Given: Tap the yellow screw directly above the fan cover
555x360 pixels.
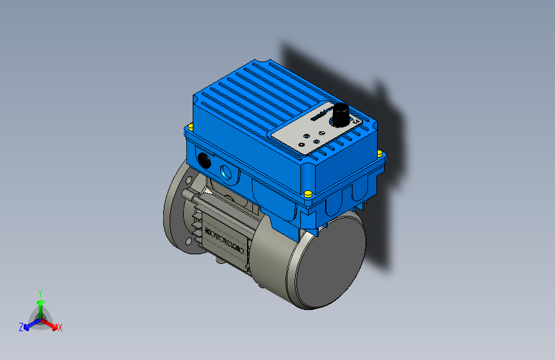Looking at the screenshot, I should [308, 193].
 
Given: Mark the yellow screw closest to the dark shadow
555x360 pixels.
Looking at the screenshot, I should [379, 152].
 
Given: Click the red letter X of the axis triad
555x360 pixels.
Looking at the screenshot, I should [60, 327].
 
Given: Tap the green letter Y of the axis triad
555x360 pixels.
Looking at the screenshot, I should [40, 292].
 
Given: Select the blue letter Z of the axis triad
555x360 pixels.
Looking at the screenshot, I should [21, 327].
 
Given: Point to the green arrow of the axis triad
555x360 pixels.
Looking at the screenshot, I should [40, 304].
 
